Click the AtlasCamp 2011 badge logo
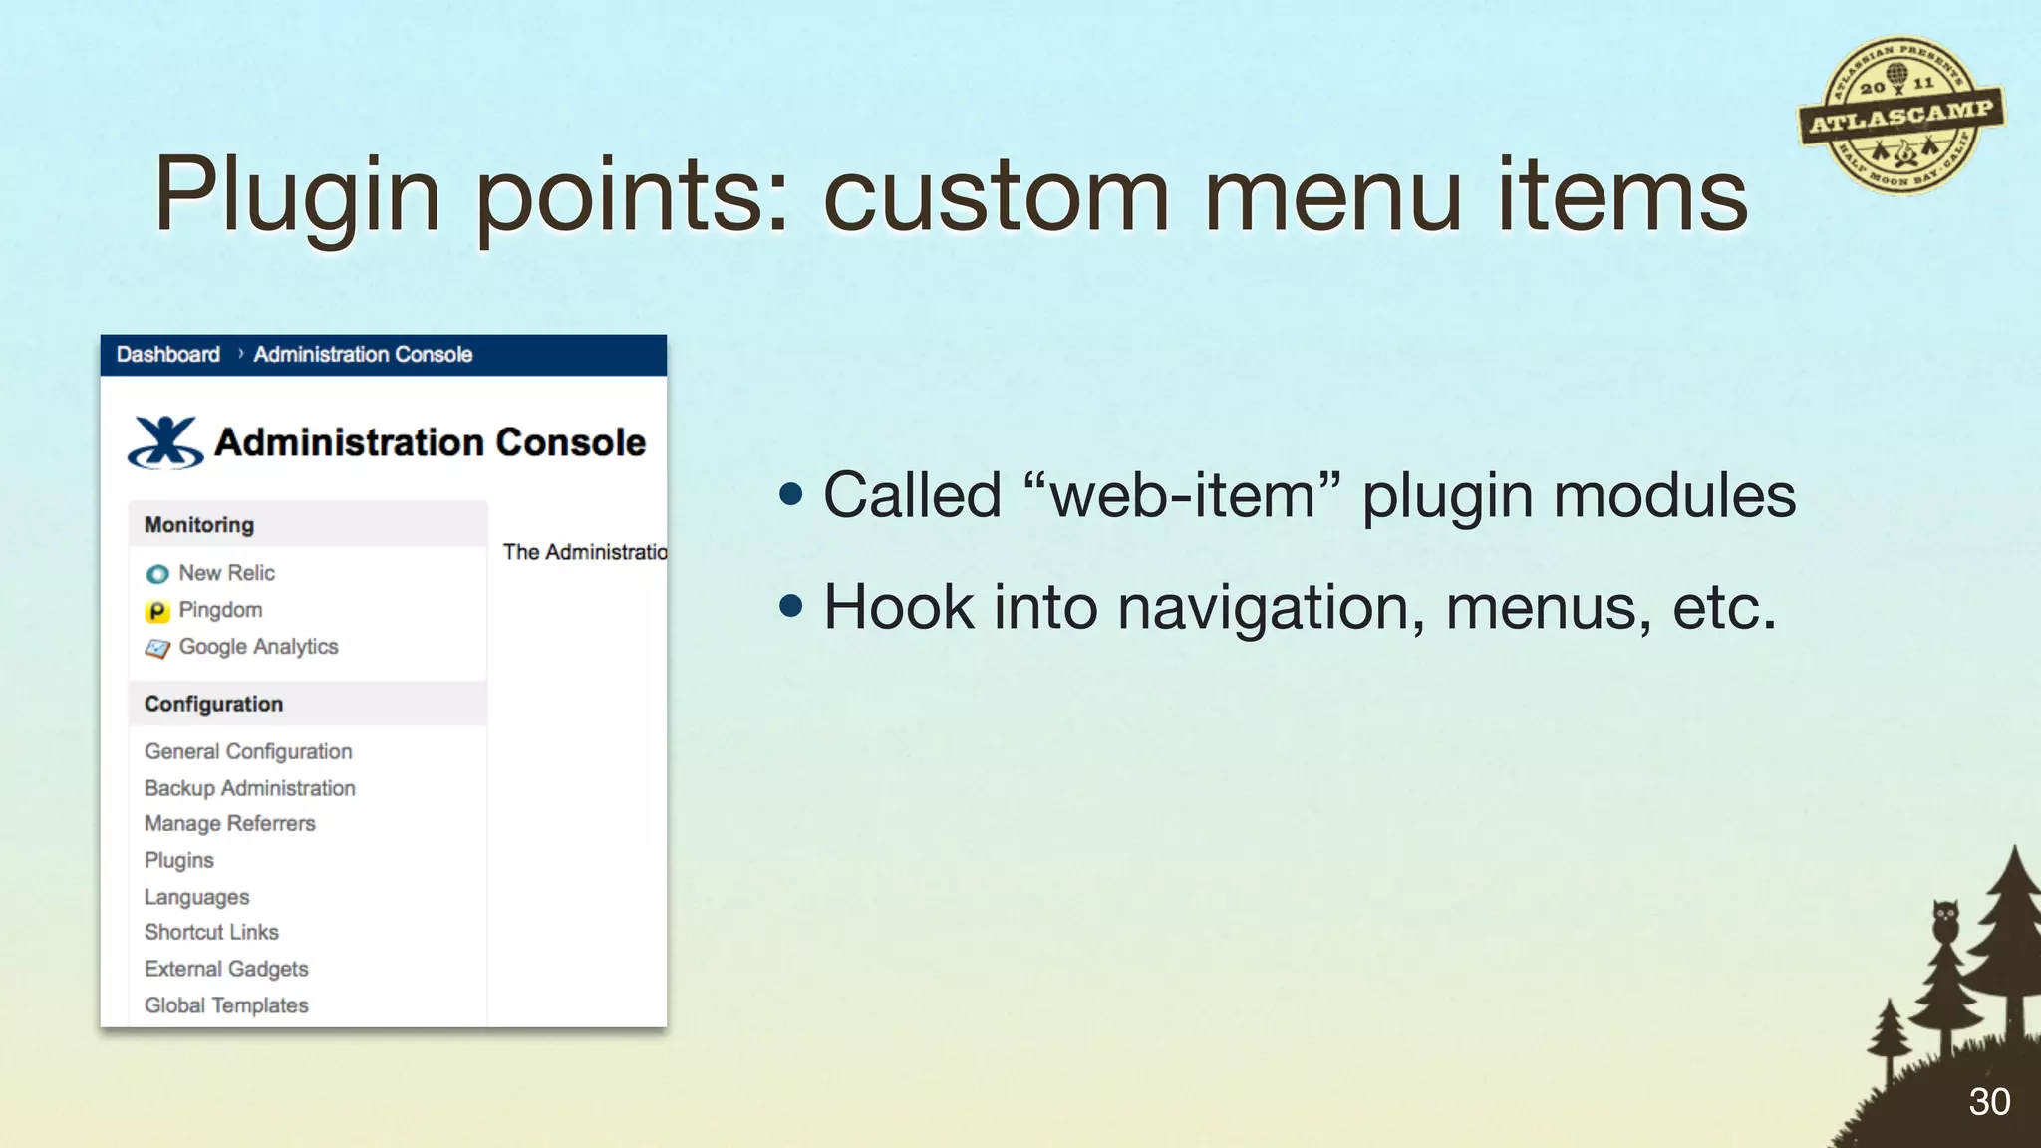[1900, 116]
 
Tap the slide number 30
[1988, 1102]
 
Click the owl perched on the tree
[1944, 919]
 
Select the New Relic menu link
[226, 573]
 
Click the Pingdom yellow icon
[157, 611]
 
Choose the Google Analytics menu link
[258, 647]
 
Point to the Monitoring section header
[199, 525]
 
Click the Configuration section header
[213, 704]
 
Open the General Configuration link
[248, 751]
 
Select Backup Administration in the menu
[249, 788]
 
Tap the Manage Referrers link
[229, 824]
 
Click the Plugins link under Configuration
[179, 860]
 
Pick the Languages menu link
[196, 897]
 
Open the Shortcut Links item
[211, 933]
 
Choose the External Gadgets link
[226, 969]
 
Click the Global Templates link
[226, 1005]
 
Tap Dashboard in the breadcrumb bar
[167, 355]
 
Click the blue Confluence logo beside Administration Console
[165, 442]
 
